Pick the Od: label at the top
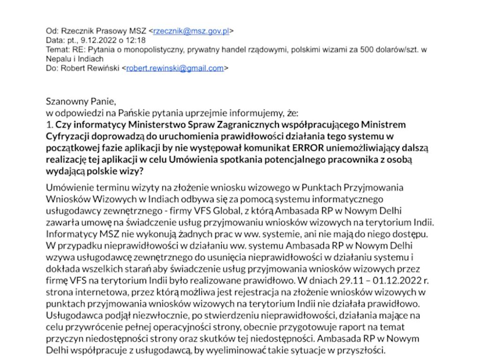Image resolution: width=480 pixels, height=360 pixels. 51,31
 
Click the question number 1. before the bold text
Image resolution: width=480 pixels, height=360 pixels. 49,125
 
